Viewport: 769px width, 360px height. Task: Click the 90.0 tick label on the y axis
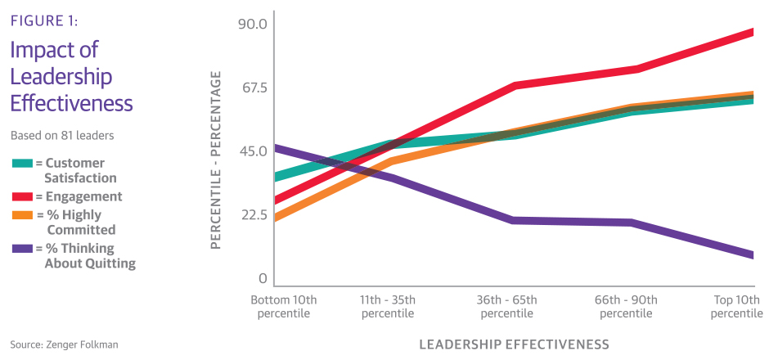click(252, 24)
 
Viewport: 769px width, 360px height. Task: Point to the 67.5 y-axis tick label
click(252, 88)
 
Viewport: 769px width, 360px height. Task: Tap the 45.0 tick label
click(252, 151)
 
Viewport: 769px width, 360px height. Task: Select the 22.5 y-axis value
click(252, 215)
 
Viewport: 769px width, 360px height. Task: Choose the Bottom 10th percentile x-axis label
click(283, 307)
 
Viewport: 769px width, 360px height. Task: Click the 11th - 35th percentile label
click(387, 307)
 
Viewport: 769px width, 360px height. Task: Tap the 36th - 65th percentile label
click(507, 307)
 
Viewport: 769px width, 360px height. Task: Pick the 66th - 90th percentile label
click(626, 307)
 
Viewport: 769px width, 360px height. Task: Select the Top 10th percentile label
click(736, 307)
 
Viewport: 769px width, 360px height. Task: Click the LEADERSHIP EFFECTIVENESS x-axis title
click(514, 343)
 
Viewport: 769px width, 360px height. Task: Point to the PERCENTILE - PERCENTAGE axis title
click(216, 160)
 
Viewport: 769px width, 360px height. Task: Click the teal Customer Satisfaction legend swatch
click(22, 164)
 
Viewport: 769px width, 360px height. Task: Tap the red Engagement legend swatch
click(22, 197)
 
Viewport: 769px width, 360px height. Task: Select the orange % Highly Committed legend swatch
click(22, 215)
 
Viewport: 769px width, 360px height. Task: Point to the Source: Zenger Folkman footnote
click(64, 344)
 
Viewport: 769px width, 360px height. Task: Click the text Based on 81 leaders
click(61, 135)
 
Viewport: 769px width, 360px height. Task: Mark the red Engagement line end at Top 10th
click(750, 32)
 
